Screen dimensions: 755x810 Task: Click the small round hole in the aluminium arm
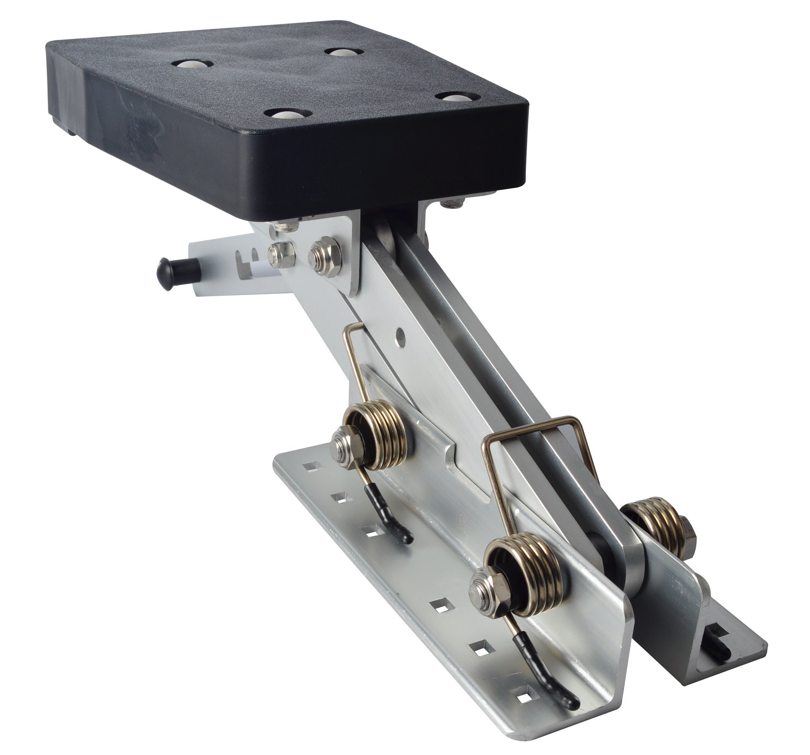(x=402, y=336)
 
